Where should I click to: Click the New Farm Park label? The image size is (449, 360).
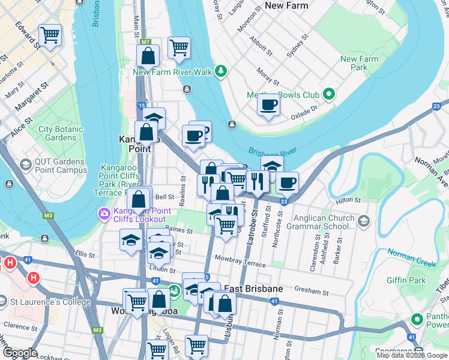359,63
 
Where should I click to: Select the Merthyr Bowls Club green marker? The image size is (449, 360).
328,95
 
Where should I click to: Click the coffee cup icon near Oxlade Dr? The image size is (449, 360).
268,105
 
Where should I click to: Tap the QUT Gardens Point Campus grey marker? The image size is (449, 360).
25,164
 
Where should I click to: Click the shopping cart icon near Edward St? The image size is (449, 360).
50,35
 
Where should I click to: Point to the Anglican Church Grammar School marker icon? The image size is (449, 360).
363,222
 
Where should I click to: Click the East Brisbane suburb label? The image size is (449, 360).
253,289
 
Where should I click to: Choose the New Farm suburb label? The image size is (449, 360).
286,5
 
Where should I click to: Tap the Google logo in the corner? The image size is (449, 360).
20,353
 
